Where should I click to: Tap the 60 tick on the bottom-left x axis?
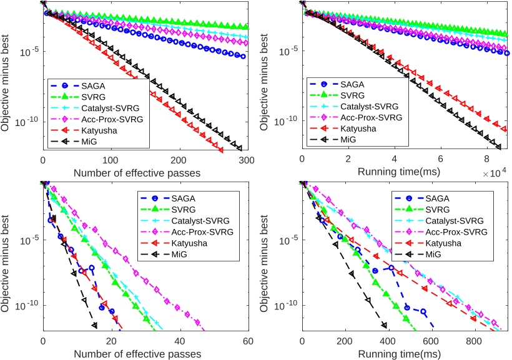249,341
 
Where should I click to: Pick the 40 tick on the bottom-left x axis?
180,341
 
